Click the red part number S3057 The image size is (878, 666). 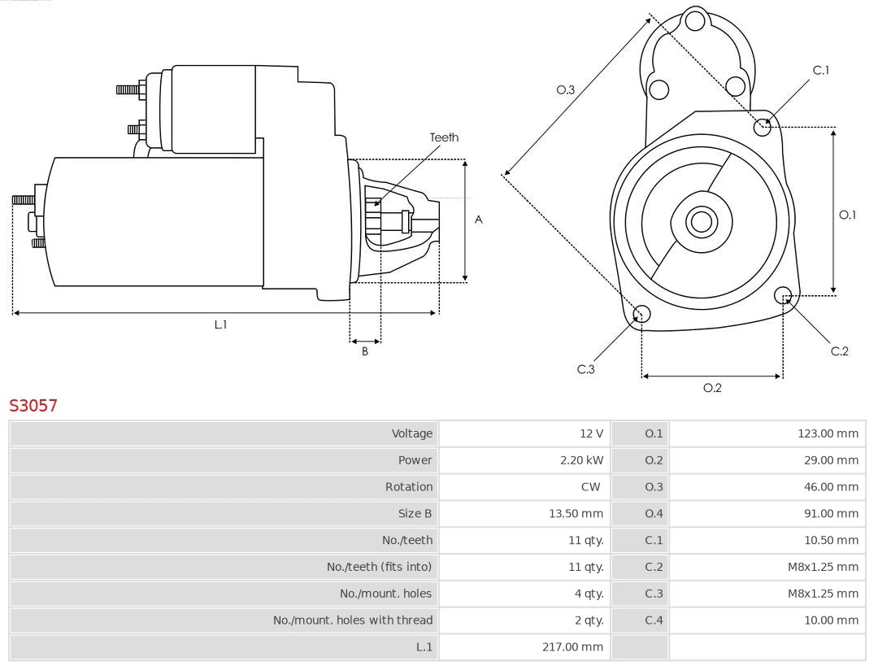coord(33,405)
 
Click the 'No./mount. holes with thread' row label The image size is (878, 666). coord(353,620)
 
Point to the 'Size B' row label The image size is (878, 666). coord(415,513)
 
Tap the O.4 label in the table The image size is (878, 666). coord(654,513)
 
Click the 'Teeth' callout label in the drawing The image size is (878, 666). coord(444,137)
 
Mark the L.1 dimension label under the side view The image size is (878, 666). coord(220,324)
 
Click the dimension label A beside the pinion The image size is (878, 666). coord(479,220)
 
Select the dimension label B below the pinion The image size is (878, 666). coord(365,351)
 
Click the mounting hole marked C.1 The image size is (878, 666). coord(763,126)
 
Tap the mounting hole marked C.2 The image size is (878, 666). coord(783,294)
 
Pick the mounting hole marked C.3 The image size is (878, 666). coord(641,315)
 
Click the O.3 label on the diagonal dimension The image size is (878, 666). coord(566,89)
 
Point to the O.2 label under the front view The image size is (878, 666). coord(712,388)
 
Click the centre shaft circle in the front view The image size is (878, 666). coord(700,221)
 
